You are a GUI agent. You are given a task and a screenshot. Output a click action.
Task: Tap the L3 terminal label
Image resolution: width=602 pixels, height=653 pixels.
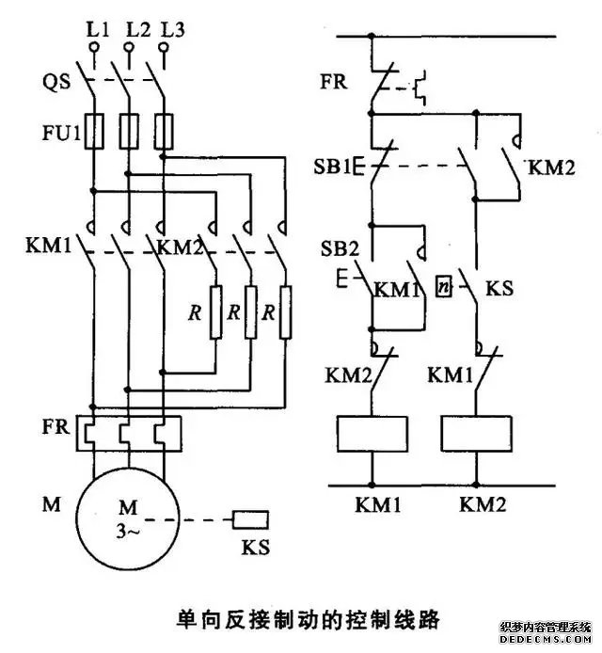pos(173,29)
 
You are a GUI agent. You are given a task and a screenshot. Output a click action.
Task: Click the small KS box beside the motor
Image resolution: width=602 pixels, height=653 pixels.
pos(251,518)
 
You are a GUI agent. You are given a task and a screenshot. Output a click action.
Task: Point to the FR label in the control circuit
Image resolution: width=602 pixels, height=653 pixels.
pos(333,81)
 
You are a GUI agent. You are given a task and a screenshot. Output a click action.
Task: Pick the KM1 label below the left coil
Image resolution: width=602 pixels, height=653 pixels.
pos(377,505)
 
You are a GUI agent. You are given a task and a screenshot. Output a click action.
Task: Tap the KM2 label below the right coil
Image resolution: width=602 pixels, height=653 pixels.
pos(483,505)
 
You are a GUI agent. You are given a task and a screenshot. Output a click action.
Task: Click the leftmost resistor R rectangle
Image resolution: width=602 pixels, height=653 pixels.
pos(217,311)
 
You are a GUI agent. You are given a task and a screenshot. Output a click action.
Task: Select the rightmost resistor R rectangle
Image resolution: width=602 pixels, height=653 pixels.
pos(286,311)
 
